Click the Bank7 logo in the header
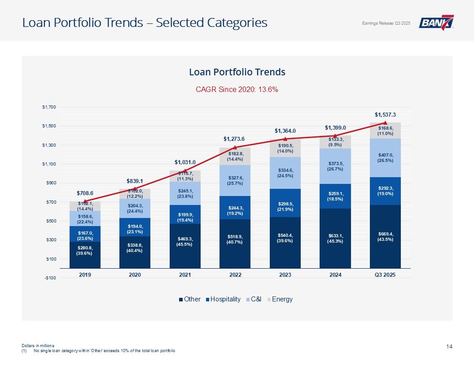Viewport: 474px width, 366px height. point(436,22)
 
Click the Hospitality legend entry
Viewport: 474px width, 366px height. point(225,299)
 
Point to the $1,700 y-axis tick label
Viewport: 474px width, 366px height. point(49,107)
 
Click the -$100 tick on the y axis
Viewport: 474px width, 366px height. point(49,278)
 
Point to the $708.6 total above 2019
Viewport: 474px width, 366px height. point(85,193)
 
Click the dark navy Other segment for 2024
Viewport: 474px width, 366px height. point(335,238)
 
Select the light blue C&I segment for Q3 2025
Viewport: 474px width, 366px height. point(385,158)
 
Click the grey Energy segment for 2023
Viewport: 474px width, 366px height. point(285,148)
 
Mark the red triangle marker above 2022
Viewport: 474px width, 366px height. point(235,147)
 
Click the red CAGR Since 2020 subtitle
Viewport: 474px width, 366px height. point(237,89)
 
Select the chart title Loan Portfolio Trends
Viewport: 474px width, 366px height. point(237,72)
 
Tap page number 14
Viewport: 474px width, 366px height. point(449,346)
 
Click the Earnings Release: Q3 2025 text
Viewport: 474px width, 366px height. point(386,23)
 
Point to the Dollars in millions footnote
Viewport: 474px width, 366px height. point(38,345)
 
